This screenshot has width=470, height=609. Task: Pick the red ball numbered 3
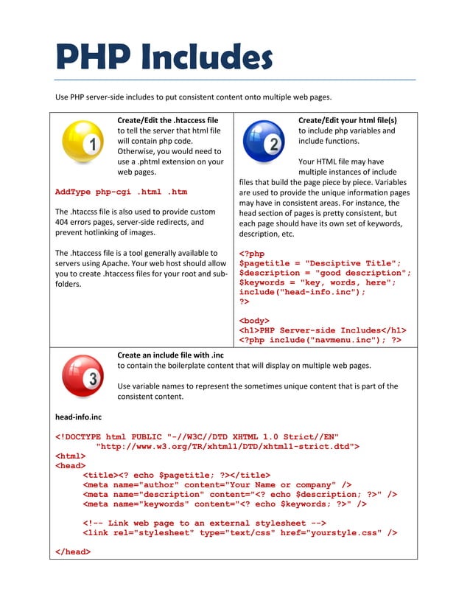(83, 376)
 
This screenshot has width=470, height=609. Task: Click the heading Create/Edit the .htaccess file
(167, 119)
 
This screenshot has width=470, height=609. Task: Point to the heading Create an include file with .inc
(170, 355)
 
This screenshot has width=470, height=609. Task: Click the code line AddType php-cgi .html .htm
(121, 192)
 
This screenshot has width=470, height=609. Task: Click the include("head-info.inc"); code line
(302, 292)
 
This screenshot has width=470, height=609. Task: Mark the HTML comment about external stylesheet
(204, 523)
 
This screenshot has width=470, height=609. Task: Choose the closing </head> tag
(73, 551)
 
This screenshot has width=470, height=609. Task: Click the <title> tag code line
(176, 475)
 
